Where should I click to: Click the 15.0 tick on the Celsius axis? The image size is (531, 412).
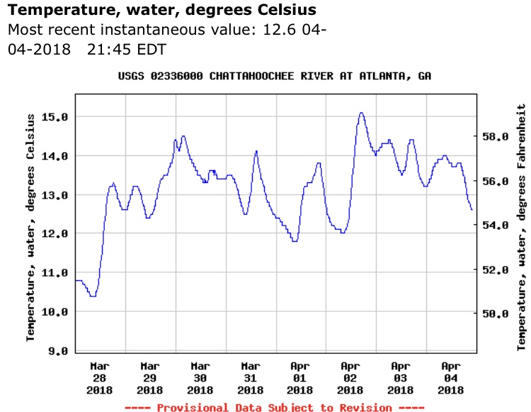click(x=55, y=116)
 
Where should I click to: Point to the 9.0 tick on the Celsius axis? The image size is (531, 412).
click(x=55, y=350)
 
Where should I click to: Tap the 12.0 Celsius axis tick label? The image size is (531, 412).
click(x=55, y=233)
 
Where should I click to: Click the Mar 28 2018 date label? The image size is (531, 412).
click(x=100, y=378)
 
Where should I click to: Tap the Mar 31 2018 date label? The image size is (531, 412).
click(x=250, y=378)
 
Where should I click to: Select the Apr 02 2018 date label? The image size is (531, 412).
click(x=350, y=378)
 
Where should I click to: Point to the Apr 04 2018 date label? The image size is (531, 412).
click(x=451, y=378)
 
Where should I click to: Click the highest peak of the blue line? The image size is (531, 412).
click(x=361, y=113)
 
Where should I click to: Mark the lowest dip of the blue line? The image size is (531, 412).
click(x=93, y=296)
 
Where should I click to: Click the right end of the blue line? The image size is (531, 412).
click(x=472, y=210)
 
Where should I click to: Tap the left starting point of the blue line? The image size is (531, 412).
click(x=76, y=280)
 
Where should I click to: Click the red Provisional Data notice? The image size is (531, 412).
click(x=274, y=407)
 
